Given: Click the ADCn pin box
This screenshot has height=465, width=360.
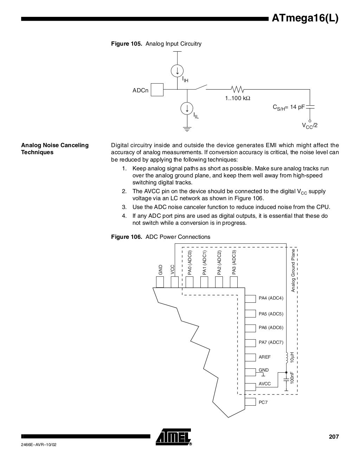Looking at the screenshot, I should [157, 90].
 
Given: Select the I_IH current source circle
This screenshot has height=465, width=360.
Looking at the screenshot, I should [177, 71].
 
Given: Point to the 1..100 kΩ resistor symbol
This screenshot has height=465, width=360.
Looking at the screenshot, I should [237, 89].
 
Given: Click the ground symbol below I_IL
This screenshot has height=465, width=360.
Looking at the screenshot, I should [187, 129].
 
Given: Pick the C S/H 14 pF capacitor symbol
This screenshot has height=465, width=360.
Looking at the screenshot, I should [310, 106].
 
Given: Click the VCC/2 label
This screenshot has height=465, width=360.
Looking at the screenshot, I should [310, 126].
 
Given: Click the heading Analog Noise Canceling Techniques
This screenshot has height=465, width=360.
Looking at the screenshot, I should [55, 149].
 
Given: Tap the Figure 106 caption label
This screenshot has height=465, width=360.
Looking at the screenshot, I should [161, 237].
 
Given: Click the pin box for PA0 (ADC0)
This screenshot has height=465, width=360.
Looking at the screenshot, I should [189, 282].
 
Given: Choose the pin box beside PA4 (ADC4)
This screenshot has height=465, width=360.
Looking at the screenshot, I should [250, 299].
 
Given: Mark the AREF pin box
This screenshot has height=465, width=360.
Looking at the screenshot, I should [250, 357].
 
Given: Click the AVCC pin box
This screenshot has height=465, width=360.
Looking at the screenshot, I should [250, 387].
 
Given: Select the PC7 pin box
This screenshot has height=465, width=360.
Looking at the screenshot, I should [250, 402].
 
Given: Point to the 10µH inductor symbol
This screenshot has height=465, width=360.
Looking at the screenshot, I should [287, 358].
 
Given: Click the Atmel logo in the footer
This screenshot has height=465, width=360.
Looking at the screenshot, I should [174, 437].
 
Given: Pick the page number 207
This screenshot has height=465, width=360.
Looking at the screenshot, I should [334, 437].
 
